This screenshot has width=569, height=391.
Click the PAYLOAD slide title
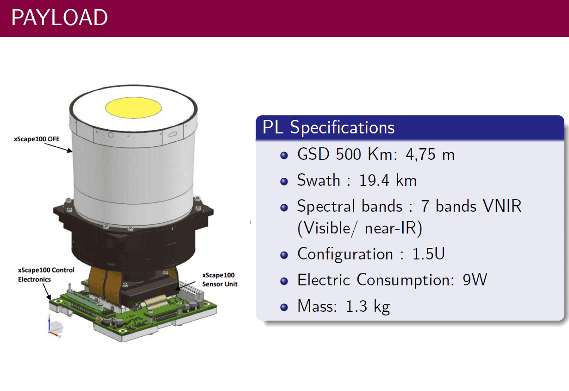click(59, 17)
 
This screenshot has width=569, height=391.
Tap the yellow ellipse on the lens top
click(133, 107)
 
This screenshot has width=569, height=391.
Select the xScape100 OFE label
click(37, 139)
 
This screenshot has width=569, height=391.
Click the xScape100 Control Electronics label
click(46, 275)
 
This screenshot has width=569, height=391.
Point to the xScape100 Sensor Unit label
click(220, 280)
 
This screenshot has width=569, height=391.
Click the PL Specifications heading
click(328, 127)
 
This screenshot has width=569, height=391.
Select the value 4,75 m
click(430, 154)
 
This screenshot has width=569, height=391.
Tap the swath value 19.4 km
click(388, 181)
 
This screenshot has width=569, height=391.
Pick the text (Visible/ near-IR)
click(360, 228)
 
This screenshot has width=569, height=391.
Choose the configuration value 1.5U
click(428, 254)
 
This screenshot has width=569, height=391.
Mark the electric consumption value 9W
click(475, 280)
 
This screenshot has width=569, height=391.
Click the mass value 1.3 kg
click(368, 306)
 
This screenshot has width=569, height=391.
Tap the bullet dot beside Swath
click(284, 182)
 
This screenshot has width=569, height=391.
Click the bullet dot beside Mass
click(284, 307)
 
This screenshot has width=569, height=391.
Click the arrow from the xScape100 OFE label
click(58, 148)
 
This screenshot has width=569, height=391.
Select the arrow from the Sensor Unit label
click(185, 286)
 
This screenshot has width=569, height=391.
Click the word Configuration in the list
click(345, 254)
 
